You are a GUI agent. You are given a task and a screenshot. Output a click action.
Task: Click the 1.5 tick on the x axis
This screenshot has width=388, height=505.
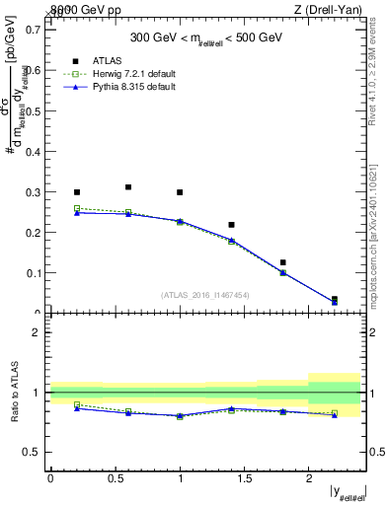(244, 477)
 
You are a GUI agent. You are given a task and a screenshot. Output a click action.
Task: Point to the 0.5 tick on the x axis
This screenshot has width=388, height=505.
(115, 477)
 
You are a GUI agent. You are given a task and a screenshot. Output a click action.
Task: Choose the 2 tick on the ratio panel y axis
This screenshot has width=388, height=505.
(38, 332)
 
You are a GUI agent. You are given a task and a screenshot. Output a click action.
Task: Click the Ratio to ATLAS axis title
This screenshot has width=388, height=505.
(16, 392)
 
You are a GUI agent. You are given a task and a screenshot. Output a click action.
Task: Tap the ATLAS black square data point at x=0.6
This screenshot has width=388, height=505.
(128, 186)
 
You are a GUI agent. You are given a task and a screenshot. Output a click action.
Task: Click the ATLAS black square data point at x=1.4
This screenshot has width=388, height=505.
(231, 225)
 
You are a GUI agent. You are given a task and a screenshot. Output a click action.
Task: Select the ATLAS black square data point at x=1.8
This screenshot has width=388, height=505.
(282, 262)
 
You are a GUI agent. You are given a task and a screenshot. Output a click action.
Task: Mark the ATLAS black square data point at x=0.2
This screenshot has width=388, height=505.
(77, 192)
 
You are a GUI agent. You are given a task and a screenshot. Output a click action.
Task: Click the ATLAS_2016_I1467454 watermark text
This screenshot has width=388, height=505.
(206, 294)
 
